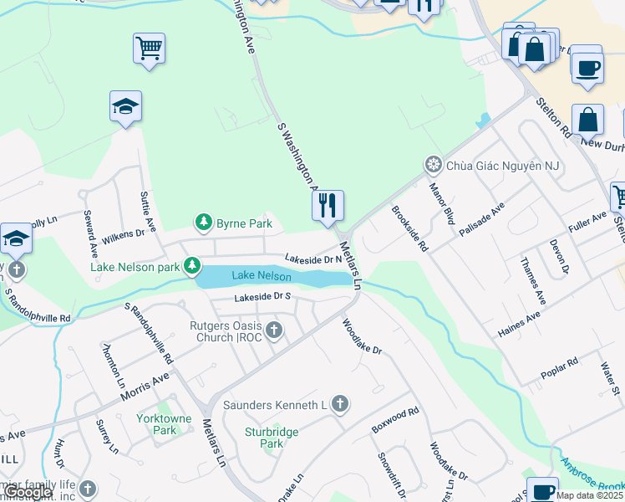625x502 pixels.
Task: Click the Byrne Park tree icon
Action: [x=203, y=223]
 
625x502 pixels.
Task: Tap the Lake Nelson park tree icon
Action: [x=193, y=266]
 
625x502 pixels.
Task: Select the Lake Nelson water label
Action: [x=262, y=276]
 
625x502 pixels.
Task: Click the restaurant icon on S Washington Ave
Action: [x=328, y=205]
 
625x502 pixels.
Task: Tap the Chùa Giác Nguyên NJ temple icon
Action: [x=433, y=164]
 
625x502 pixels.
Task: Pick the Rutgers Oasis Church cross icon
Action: [x=272, y=331]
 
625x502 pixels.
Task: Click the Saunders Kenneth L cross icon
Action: [x=339, y=405]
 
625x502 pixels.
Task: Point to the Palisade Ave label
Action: [x=482, y=218]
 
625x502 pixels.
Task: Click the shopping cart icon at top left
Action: [x=149, y=49]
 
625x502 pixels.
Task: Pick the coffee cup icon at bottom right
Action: [x=542, y=489]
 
